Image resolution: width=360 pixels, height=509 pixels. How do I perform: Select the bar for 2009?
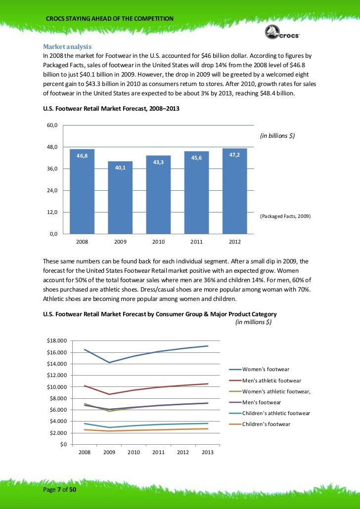tap(120, 198)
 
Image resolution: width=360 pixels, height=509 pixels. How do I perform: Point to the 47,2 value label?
tap(234, 155)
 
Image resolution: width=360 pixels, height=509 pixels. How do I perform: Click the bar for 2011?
tap(196, 193)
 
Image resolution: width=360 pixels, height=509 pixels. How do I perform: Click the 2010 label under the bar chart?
tap(158, 242)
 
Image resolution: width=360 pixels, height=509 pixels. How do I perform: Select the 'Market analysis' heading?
tap(67, 46)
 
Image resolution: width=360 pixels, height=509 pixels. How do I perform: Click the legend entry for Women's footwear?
tap(266, 369)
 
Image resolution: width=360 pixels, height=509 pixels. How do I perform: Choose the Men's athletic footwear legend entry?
tap(271, 381)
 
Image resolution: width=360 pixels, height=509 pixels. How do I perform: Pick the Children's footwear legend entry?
tap(266, 424)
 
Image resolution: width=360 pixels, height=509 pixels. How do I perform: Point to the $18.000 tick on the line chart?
tap(56, 341)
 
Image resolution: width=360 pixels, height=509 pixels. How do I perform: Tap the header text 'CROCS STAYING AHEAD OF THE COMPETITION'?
tap(109, 19)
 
